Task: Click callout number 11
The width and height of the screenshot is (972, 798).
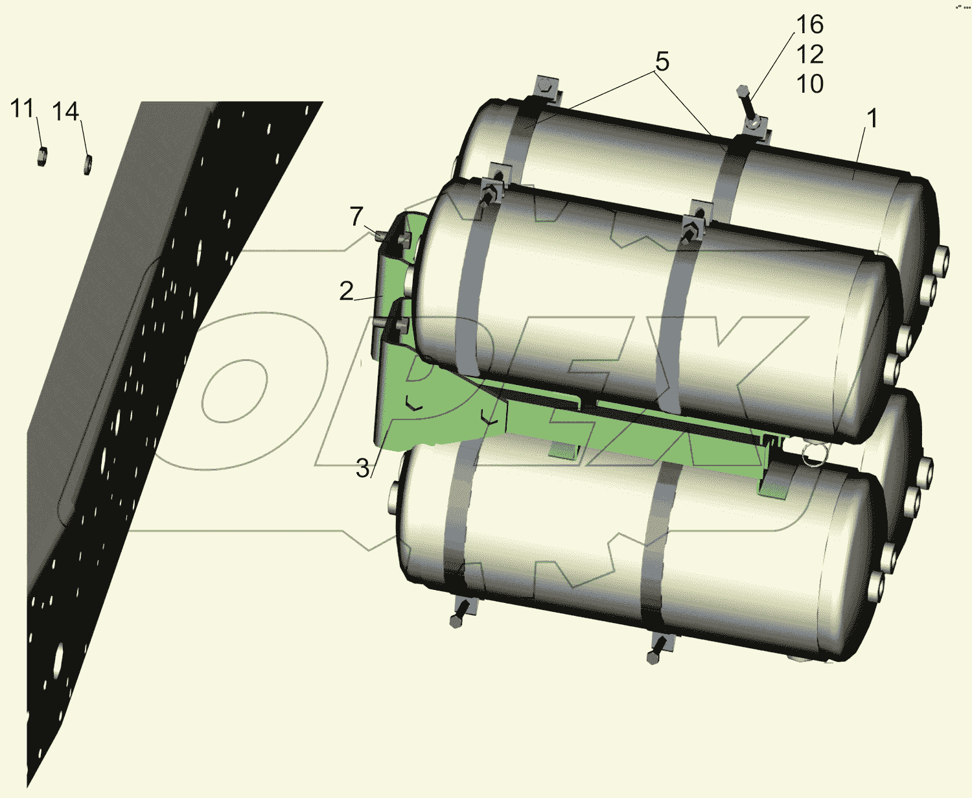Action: (x=22, y=109)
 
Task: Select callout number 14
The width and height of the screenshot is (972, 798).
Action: (x=65, y=112)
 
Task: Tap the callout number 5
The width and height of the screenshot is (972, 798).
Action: (x=662, y=62)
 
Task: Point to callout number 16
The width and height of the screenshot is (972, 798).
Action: (x=810, y=25)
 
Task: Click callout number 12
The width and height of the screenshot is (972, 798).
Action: (x=810, y=54)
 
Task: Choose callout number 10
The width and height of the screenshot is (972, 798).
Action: (x=810, y=84)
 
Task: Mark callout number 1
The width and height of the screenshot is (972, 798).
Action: (x=872, y=119)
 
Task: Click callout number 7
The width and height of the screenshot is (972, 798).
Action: (x=356, y=217)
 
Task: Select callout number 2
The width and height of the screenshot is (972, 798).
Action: (x=346, y=291)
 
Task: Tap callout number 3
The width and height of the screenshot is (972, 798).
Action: (x=363, y=469)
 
